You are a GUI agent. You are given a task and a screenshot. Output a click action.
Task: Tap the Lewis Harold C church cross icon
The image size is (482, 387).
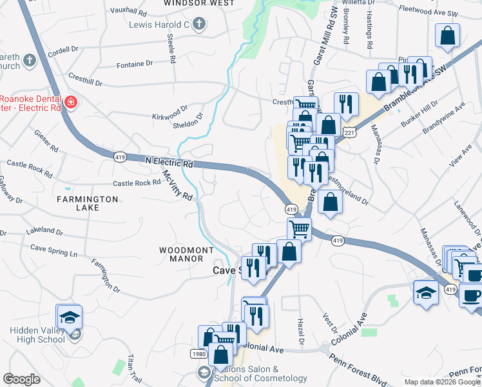199,25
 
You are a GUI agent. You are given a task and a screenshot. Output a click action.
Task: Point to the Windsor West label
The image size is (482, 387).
199,3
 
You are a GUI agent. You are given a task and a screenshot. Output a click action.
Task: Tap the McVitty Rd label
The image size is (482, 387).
177,184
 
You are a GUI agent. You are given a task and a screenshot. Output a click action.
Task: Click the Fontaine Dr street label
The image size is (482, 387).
135,64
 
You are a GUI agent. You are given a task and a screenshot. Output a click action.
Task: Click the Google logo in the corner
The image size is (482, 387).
21,379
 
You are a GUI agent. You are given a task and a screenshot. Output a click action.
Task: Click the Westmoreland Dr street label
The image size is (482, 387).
347,188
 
